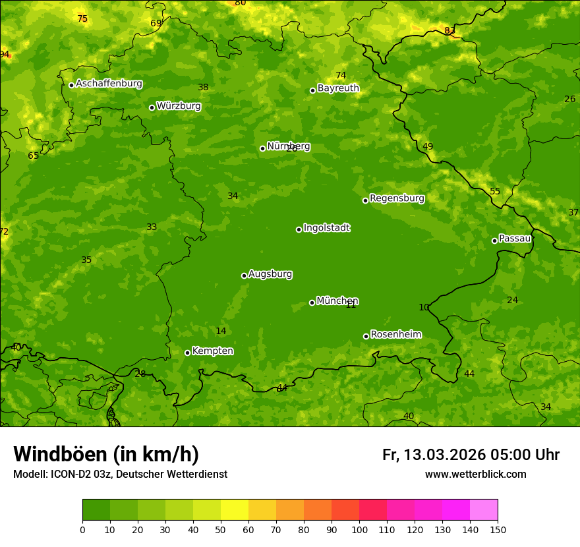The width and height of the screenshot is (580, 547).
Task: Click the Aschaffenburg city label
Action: (x=109, y=84)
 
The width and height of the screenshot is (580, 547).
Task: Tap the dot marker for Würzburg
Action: (x=152, y=107)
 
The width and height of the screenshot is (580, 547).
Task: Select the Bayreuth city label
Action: (x=338, y=88)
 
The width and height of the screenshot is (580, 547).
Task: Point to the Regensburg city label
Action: (x=397, y=198)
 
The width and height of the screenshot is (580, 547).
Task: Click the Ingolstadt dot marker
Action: (x=299, y=229)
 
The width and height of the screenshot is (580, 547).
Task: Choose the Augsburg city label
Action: (x=270, y=274)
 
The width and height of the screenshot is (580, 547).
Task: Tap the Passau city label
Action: (x=515, y=239)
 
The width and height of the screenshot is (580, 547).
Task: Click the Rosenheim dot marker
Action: (x=366, y=336)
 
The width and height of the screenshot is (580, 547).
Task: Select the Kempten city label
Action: (x=212, y=351)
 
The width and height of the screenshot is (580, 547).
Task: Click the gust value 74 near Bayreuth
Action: (x=341, y=75)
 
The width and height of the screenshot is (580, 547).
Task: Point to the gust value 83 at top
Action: (x=449, y=31)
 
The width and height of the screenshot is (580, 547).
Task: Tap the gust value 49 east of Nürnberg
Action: (x=428, y=146)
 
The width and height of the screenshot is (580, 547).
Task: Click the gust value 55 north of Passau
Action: (x=495, y=191)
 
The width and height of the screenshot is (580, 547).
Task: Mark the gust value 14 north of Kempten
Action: (x=221, y=331)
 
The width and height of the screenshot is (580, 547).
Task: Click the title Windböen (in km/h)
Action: (x=106, y=454)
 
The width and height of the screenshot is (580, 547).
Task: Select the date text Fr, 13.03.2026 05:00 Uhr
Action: (x=471, y=455)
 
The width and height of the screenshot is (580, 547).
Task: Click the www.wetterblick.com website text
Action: (x=475, y=475)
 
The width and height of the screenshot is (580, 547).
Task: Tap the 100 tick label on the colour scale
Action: (x=359, y=529)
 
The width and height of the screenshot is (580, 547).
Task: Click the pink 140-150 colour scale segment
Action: (x=484, y=510)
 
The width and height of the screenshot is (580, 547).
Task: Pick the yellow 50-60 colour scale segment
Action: (x=235, y=510)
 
